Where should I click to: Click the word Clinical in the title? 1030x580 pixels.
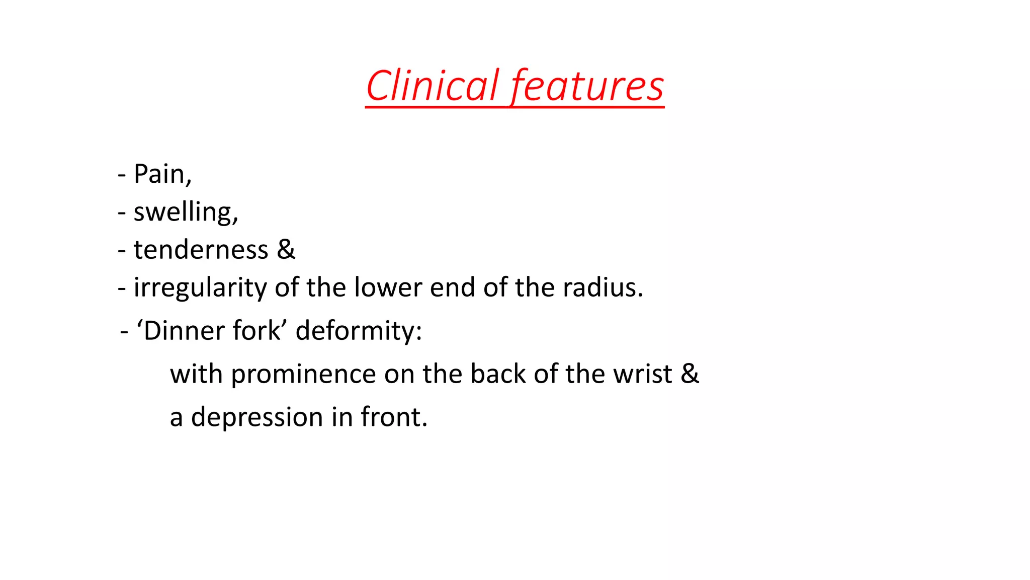[432, 86]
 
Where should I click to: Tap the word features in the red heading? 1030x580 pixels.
[587, 86]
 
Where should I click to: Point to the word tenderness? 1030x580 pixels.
[201, 250]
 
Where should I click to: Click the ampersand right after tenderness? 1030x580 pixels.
[286, 250]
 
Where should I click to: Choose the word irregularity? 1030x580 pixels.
[200, 288]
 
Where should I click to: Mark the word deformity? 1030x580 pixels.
[358, 331]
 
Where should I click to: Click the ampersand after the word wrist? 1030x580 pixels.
[690, 374]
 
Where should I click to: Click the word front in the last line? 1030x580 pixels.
[393, 417]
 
